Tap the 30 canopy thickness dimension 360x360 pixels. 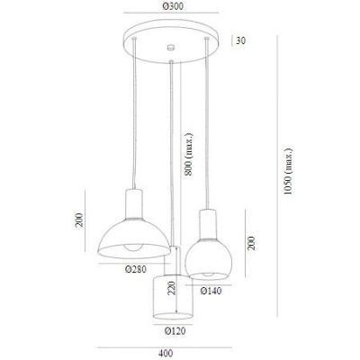(x=240, y=40)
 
